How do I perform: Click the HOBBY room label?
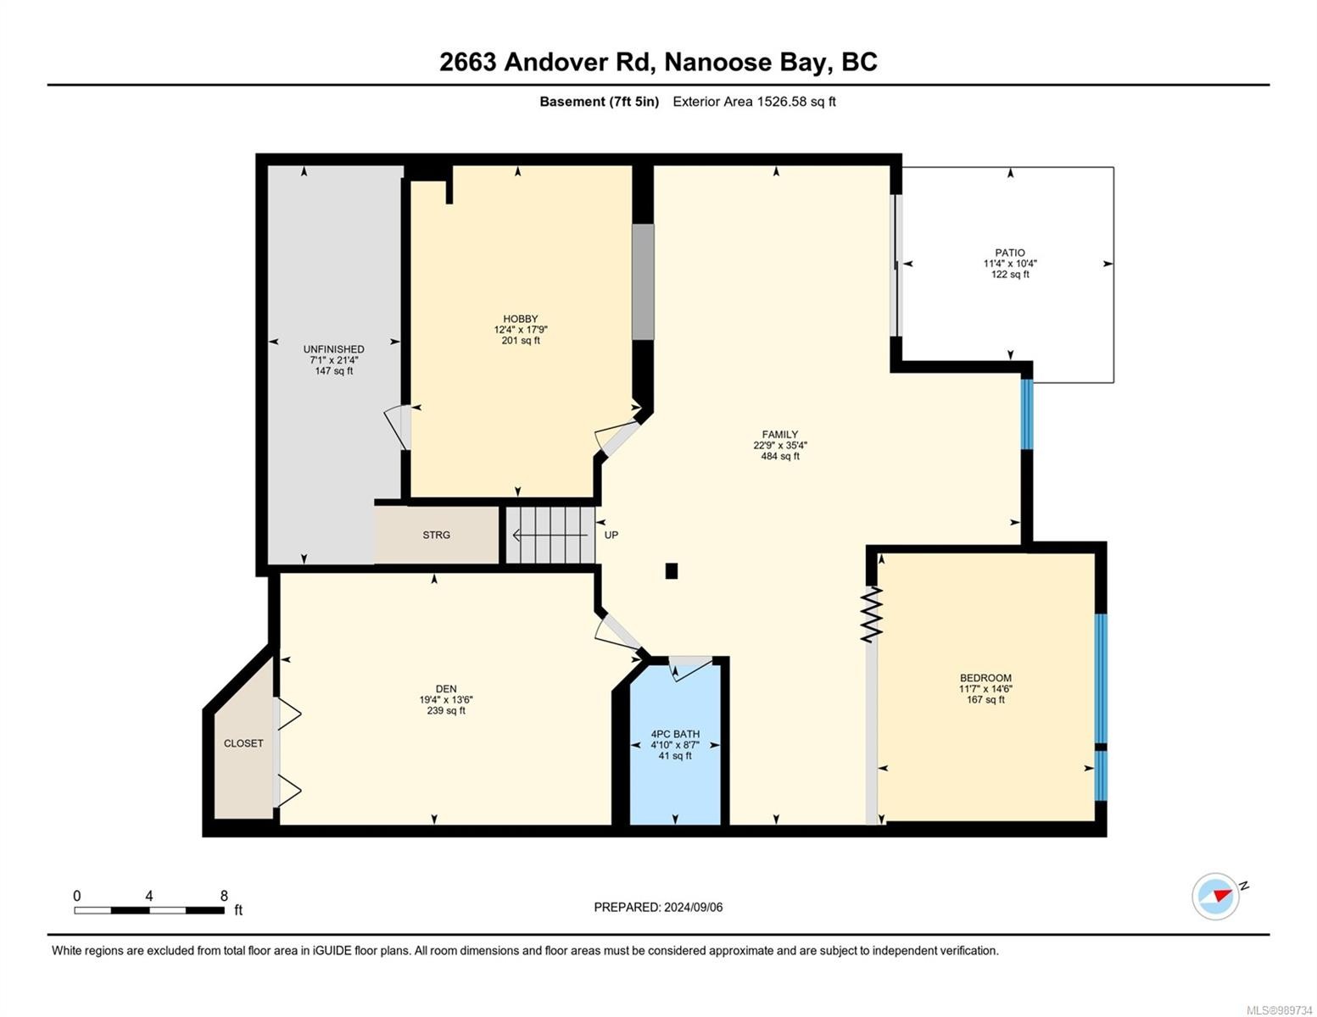click(520, 319)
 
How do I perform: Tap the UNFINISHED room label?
click(333, 349)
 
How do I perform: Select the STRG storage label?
click(436, 535)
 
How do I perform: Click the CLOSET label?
click(243, 743)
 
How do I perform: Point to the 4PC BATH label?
click(675, 734)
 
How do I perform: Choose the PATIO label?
click(1009, 253)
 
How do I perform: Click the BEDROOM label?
click(985, 678)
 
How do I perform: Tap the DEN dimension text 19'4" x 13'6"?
click(446, 700)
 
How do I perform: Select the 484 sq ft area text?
click(779, 456)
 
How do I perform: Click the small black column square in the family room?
click(672, 571)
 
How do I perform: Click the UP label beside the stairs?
click(611, 535)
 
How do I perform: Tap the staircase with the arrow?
click(550, 535)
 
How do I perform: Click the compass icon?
click(1216, 896)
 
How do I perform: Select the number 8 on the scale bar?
click(224, 896)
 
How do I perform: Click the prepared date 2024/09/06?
click(693, 907)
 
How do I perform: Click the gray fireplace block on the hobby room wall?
click(643, 281)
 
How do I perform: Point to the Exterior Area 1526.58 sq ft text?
click(754, 102)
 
